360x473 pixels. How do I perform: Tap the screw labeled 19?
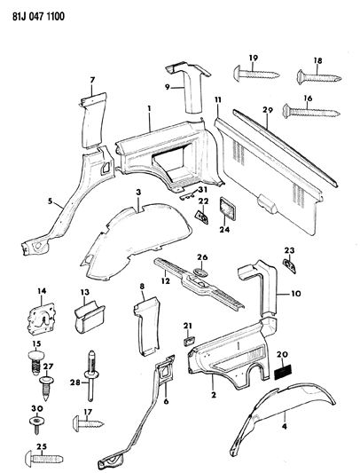point(252,75)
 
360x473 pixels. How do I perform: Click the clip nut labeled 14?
point(41,317)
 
